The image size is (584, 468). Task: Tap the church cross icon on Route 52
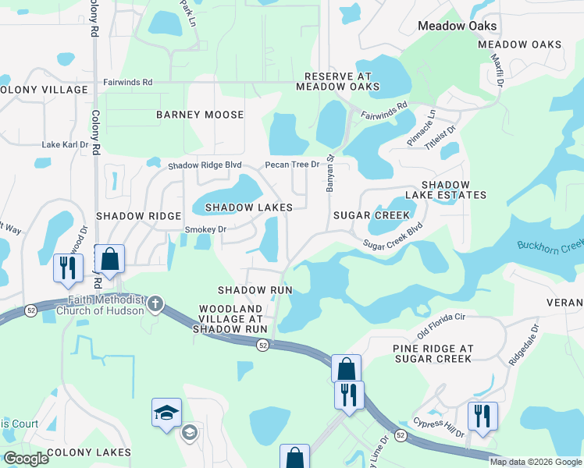[155, 303]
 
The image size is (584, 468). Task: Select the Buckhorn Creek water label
[550, 246]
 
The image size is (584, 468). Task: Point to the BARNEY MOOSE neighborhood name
[200, 115]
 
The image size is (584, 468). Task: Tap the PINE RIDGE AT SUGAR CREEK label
[432, 353]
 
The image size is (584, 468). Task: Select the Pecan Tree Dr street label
[293, 165]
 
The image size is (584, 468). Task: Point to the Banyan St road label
[329, 174]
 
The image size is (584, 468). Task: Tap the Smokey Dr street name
[205, 229]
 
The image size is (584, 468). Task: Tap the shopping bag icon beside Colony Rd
[110, 260]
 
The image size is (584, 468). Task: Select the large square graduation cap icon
[166, 412]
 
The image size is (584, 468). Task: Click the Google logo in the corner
[26, 459]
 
